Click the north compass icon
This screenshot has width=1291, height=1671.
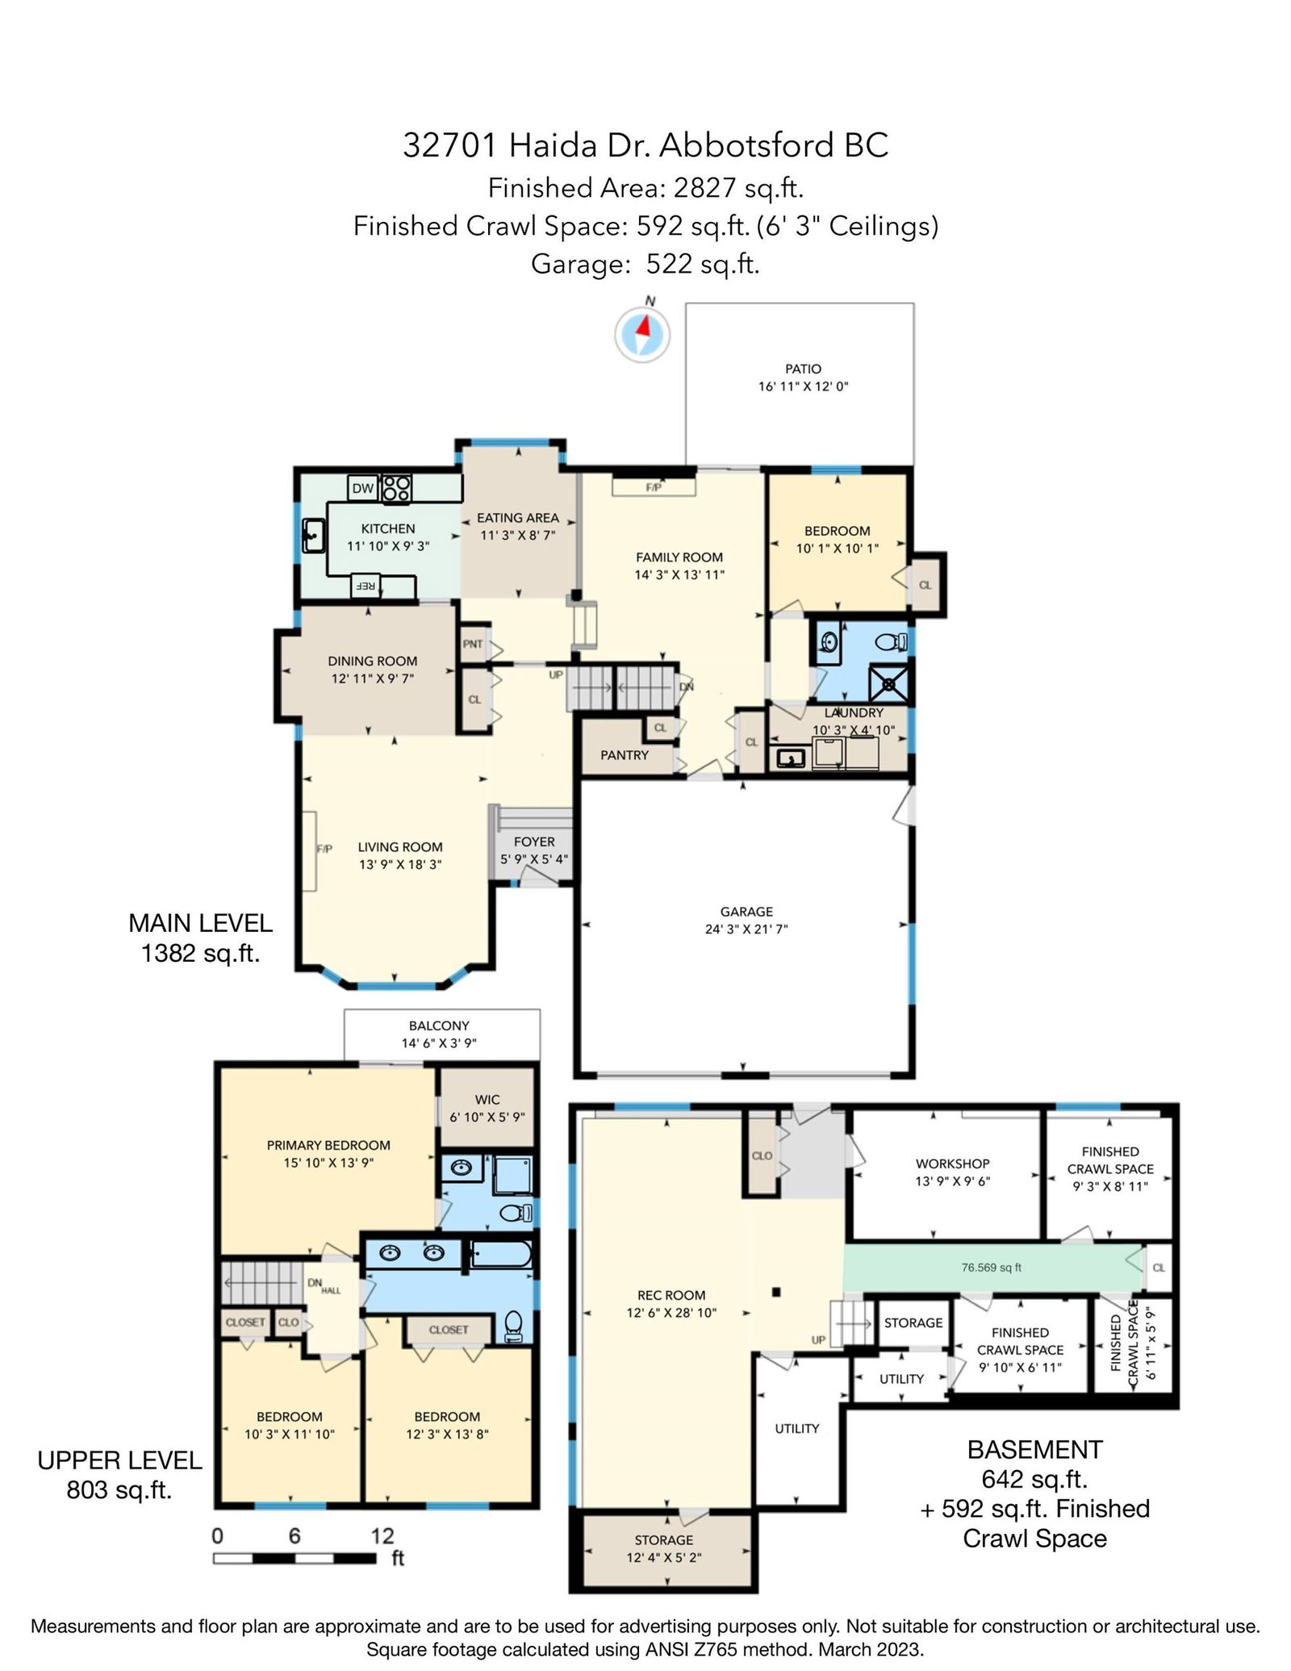pyautogui.click(x=643, y=333)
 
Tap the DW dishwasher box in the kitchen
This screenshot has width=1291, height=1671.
pyautogui.click(x=363, y=488)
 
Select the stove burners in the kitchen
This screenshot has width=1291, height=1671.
pyautogui.click(x=395, y=488)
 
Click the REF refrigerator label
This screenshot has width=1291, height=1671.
pyautogui.click(x=365, y=586)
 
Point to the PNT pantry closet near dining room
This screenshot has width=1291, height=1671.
pyautogui.click(x=473, y=643)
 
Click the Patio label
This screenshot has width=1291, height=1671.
pyautogui.click(x=803, y=369)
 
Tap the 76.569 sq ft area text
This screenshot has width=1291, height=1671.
pyautogui.click(x=991, y=1267)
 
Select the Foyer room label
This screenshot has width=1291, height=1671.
pyautogui.click(x=534, y=842)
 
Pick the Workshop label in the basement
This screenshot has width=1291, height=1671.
pyautogui.click(x=952, y=1163)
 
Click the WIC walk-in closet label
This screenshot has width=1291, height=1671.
pyautogui.click(x=487, y=1100)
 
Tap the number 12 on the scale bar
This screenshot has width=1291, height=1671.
pyautogui.click(x=382, y=1535)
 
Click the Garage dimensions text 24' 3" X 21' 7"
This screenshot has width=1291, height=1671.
pyautogui.click(x=746, y=929)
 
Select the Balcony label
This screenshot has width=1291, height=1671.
pyautogui.click(x=439, y=1026)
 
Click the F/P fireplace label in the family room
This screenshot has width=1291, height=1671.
pyautogui.click(x=654, y=487)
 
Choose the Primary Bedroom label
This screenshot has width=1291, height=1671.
pyautogui.click(x=328, y=1145)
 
